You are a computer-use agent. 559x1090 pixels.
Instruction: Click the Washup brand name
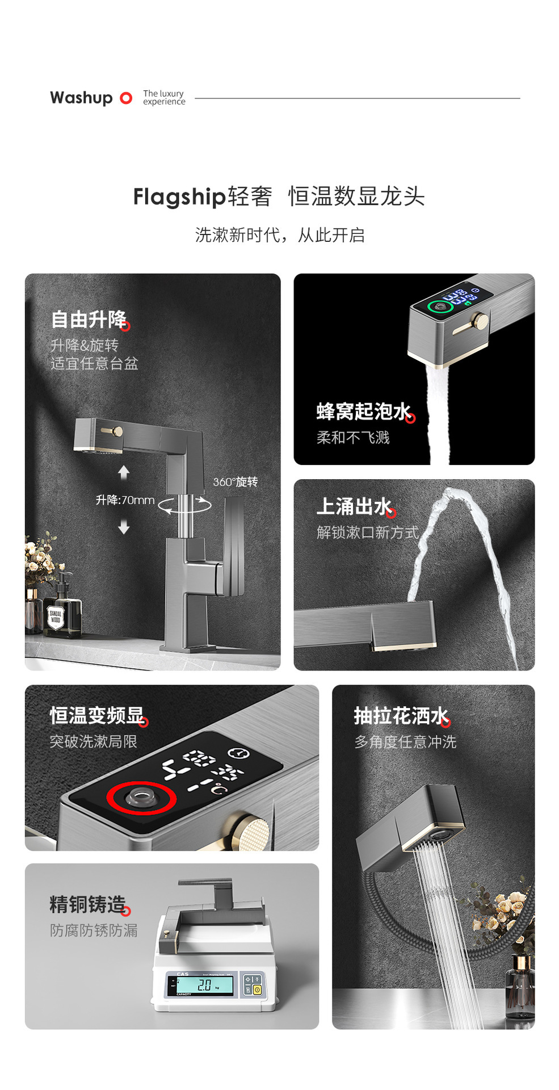(x=81, y=98)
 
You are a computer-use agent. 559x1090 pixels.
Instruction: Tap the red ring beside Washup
(x=126, y=98)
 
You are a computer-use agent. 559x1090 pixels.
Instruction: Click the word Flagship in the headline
(x=179, y=196)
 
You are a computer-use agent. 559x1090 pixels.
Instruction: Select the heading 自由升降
(x=89, y=319)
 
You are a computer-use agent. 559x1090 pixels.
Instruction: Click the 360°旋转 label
(x=235, y=482)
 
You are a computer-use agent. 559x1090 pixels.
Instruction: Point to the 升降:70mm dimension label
(x=125, y=500)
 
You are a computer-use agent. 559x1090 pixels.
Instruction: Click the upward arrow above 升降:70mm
(x=124, y=472)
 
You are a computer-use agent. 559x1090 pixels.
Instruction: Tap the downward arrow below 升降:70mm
(x=124, y=528)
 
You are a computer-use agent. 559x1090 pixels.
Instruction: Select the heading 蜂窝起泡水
(x=364, y=411)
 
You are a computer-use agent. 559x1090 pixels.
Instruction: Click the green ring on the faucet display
(x=440, y=307)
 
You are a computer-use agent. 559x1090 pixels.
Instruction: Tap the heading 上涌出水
(x=354, y=506)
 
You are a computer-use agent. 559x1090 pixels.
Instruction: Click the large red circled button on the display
(x=141, y=798)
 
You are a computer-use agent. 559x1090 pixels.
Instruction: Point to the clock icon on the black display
(x=238, y=753)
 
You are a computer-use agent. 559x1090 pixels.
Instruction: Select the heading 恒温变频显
(x=97, y=715)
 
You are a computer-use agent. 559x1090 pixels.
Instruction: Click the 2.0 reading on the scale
(x=204, y=986)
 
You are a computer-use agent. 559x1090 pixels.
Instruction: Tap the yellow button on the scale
(x=257, y=990)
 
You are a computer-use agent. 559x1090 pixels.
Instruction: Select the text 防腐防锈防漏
(x=94, y=930)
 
